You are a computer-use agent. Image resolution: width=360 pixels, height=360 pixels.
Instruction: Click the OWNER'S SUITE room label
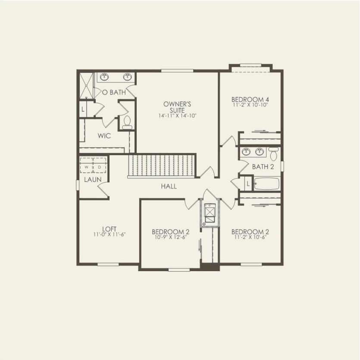[x=177, y=107]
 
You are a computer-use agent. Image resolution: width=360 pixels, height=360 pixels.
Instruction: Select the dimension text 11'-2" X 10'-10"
[x=250, y=105]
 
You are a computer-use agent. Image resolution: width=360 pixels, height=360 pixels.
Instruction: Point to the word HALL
[x=169, y=186]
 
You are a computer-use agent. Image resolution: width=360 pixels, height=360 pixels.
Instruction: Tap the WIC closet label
[x=104, y=136]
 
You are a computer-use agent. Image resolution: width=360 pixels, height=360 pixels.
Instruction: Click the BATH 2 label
[x=263, y=167]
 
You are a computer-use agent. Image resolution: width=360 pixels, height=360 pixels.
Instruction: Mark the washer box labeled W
[x=87, y=166]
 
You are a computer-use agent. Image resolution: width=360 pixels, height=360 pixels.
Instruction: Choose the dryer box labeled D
[x=99, y=166]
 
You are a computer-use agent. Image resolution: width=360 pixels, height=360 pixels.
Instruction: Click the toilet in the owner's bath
[x=127, y=122]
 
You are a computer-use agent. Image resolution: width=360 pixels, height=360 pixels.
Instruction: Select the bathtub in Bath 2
[x=266, y=184]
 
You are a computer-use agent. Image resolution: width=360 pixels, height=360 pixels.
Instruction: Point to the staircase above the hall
[x=162, y=166]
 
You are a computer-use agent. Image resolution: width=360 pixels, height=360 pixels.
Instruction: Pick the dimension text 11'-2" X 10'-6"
[x=250, y=237]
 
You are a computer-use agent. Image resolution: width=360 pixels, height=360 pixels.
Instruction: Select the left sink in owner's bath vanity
[x=104, y=77]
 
